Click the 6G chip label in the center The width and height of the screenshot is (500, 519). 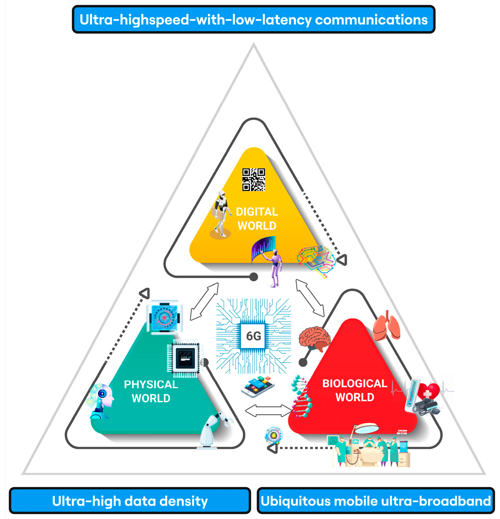[254, 336]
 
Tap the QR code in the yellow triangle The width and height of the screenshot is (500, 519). [254, 180]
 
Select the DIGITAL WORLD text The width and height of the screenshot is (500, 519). [257, 219]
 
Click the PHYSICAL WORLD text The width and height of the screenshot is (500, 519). [151, 391]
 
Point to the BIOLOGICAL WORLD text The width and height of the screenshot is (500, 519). [355, 390]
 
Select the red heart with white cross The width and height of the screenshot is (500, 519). [428, 391]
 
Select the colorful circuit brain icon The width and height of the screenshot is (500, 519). [316, 260]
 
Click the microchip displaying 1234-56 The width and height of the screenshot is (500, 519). [185, 358]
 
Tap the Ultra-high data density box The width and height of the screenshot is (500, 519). [130, 501]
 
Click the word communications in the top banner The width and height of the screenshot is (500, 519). [371, 20]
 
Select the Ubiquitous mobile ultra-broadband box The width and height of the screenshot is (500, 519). [375, 501]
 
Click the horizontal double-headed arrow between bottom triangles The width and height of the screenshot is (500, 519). [268, 411]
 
